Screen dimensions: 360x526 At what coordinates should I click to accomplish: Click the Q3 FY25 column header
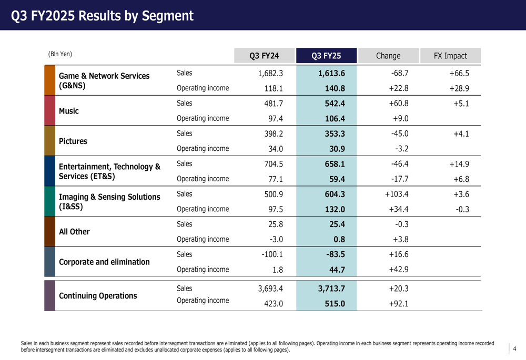[x=326, y=56]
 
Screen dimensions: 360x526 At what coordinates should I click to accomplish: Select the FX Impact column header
[x=450, y=56]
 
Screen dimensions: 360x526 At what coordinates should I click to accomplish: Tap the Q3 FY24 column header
[x=264, y=56]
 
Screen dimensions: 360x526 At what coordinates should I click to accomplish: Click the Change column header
[x=388, y=56]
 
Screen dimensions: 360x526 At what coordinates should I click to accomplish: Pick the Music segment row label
[x=69, y=111]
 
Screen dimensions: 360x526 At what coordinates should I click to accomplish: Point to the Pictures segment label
[x=73, y=141]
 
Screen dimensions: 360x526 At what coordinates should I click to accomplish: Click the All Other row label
[x=74, y=232]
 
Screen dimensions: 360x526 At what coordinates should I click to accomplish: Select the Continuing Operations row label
[x=98, y=296]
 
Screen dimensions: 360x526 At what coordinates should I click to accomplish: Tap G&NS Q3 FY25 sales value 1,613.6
[x=331, y=74]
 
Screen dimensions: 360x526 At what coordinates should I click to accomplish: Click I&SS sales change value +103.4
[x=397, y=194]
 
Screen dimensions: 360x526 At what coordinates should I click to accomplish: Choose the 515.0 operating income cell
[x=335, y=303]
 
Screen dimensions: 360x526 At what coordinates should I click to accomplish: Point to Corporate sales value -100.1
[x=272, y=255]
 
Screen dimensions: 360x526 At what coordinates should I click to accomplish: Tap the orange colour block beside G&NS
[x=50, y=80]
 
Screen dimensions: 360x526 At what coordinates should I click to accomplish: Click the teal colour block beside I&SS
[x=50, y=202]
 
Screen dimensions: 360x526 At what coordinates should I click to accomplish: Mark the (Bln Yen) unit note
[x=60, y=54]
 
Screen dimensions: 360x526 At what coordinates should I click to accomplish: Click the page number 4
[x=514, y=348]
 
